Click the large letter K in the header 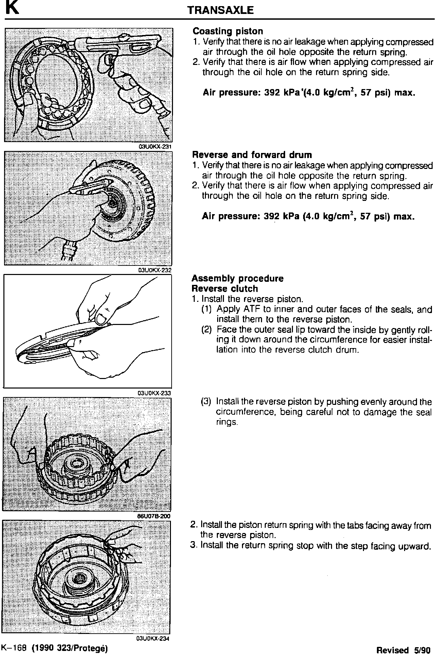tap(11, 8)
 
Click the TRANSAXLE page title tap(221, 10)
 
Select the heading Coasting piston tap(228, 31)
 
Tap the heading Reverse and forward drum tap(252, 155)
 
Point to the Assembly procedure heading tap(237, 279)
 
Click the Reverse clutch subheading tap(225, 289)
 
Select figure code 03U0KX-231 tap(155, 147)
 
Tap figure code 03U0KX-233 tap(154, 393)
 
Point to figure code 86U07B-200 tap(153, 516)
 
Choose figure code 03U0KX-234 tap(153, 639)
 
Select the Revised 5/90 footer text tap(403, 650)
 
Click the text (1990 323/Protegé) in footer tap(70, 648)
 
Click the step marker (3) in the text tap(206, 402)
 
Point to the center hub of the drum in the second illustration tap(112, 204)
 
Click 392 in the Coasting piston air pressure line tap(272, 92)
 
